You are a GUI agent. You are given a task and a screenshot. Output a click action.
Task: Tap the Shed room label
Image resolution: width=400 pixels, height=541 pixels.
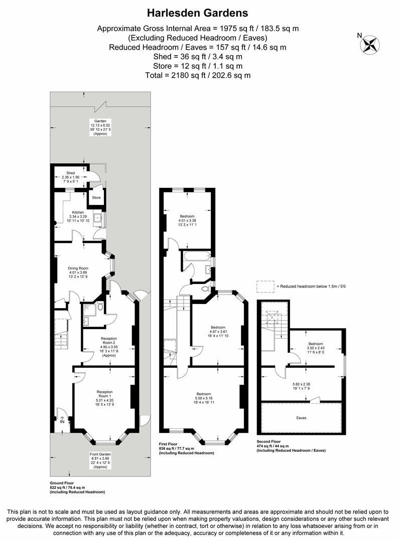71,173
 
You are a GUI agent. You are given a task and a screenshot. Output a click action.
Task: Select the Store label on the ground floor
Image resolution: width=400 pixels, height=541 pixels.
96,197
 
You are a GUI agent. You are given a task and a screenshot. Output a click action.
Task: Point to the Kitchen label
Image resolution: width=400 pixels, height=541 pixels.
78,212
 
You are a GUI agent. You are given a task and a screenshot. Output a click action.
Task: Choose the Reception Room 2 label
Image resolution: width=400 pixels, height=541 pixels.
108,342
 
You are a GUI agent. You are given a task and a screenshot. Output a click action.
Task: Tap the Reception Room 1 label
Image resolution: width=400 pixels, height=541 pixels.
104,394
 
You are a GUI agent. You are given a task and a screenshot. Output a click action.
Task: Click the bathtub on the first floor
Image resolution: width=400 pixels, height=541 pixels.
197,257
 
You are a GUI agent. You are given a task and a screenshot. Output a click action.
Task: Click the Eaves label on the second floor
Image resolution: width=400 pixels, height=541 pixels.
301,417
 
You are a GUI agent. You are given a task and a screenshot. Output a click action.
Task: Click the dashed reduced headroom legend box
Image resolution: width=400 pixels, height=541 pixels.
265,286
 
